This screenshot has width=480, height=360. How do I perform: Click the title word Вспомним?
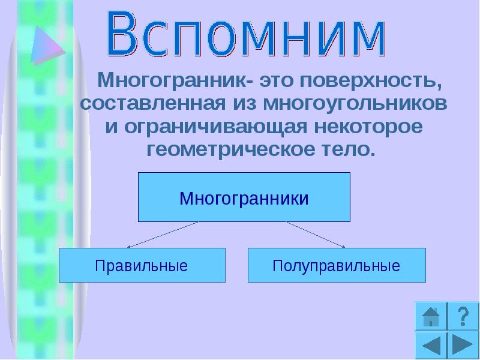(x=247, y=34)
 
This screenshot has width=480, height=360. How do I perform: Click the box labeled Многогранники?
(x=244, y=197)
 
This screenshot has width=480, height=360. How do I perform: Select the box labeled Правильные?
(x=142, y=265)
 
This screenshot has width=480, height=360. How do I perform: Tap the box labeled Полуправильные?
(x=336, y=265)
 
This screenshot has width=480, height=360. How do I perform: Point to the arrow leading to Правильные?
(x=162, y=235)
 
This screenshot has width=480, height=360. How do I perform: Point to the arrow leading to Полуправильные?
(x=316, y=235)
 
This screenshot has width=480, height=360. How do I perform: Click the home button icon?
(x=430, y=316)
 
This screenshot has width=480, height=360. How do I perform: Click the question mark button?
(x=462, y=316)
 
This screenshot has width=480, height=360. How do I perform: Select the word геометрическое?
(x=228, y=149)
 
